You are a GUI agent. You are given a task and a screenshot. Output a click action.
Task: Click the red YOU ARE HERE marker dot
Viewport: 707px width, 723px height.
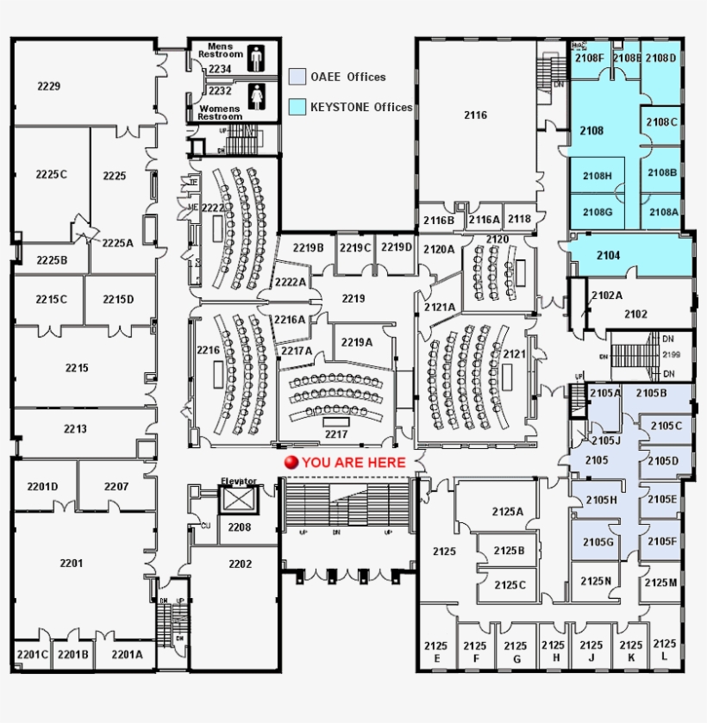pyautogui.click(x=291, y=463)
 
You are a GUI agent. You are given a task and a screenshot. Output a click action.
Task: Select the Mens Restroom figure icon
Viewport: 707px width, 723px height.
pyautogui.click(x=256, y=58)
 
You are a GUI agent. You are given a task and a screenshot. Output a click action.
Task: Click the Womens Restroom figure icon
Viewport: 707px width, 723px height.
pyautogui.click(x=256, y=97)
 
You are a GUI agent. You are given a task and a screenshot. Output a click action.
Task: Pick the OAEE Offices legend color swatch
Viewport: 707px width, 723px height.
pyautogui.click(x=297, y=77)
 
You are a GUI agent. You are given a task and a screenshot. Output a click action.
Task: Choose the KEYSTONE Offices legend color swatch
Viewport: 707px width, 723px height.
pyautogui.click(x=297, y=107)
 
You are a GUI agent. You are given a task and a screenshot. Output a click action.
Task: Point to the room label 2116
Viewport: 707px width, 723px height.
pyautogui.click(x=475, y=115)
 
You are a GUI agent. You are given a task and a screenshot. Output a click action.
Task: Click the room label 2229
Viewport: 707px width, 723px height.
pyautogui.click(x=48, y=86)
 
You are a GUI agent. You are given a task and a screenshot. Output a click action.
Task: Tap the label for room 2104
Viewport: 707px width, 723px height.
pyautogui.click(x=608, y=256)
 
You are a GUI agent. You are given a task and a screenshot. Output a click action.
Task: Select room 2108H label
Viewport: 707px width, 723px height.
pyautogui.click(x=597, y=176)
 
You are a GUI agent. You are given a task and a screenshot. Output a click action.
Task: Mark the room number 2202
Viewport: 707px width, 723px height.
pyautogui.click(x=241, y=564)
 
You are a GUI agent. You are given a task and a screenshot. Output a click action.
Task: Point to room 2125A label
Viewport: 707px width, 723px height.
pyautogui.click(x=508, y=511)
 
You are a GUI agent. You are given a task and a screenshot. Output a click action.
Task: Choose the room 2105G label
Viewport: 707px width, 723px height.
pyautogui.click(x=598, y=542)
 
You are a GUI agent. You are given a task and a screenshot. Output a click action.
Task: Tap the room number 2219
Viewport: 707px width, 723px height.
pyautogui.click(x=353, y=298)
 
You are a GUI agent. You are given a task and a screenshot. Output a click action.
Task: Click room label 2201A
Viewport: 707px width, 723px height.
pyautogui.click(x=127, y=654)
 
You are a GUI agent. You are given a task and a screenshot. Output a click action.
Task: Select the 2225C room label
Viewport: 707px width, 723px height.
pyautogui.click(x=51, y=174)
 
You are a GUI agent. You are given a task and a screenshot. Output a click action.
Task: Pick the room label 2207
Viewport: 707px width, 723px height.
pyautogui.click(x=116, y=487)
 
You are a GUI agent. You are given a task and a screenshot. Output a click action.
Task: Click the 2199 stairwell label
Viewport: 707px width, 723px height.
pyautogui.click(x=672, y=354)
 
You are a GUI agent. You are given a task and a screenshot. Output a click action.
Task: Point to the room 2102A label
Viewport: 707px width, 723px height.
pyautogui.click(x=606, y=295)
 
